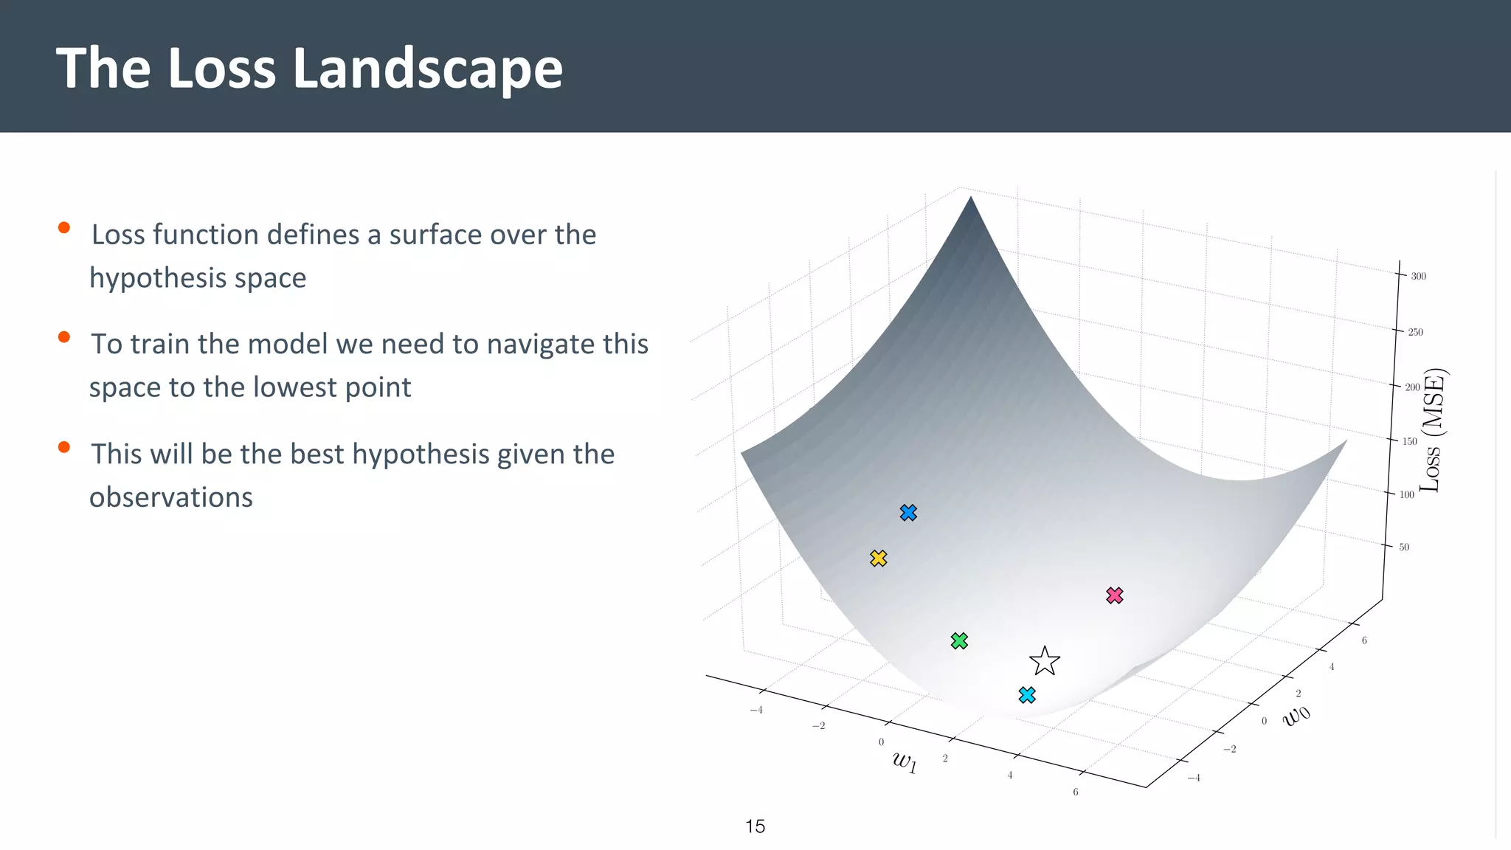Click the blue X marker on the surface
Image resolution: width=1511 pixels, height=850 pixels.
pos(908,513)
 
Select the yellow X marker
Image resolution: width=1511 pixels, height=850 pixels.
pos(878,559)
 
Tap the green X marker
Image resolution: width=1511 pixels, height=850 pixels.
pos(959,641)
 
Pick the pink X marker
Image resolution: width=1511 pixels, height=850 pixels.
pos(1115,595)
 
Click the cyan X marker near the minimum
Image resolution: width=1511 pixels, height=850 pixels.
pos(1027,695)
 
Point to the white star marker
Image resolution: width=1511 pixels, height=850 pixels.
pos(1045,661)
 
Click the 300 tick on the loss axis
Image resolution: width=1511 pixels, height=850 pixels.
pos(1418,277)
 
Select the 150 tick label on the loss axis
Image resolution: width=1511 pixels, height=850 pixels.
pos(1409,441)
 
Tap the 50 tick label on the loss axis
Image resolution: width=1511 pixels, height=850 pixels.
pos(1403,547)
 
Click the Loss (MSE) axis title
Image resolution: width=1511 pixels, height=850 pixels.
pos(1433,430)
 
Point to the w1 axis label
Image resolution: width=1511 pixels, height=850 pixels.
pos(905,761)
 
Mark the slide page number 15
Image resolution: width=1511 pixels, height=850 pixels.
pos(755,826)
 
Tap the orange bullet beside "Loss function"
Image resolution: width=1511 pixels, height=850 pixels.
pos(64,228)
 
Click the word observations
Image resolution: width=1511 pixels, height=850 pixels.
pos(171,497)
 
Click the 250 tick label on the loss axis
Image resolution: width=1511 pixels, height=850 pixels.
pos(1415,332)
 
